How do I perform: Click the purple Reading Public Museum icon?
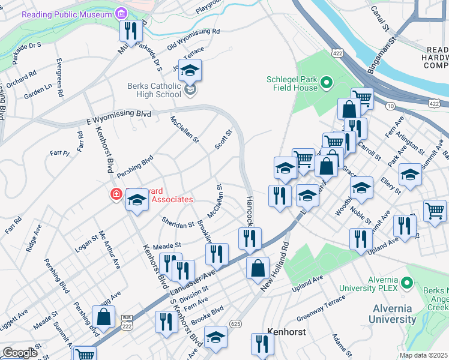[x=121, y=13]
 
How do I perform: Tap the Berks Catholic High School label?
[x=154, y=90]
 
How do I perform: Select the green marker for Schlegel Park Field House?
[x=327, y=82]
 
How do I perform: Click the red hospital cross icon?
[x=115, y=194]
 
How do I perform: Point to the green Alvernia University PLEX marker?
[x=407, y=281]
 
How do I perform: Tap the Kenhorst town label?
[x=286, y=331]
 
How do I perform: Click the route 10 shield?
[x=390, y=106]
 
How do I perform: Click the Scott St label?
[x=223, y=140]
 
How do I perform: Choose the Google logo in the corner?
[x=19, y=352]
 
